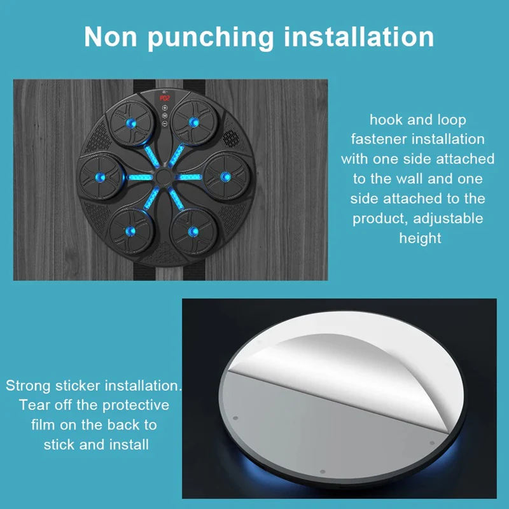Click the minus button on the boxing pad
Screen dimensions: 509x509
point(165,123)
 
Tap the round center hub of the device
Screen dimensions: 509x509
point(164,177)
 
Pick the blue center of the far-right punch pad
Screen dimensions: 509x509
point(227,177)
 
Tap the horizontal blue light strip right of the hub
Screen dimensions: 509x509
point(190,177)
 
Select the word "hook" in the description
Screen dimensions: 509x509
point(386,120)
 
